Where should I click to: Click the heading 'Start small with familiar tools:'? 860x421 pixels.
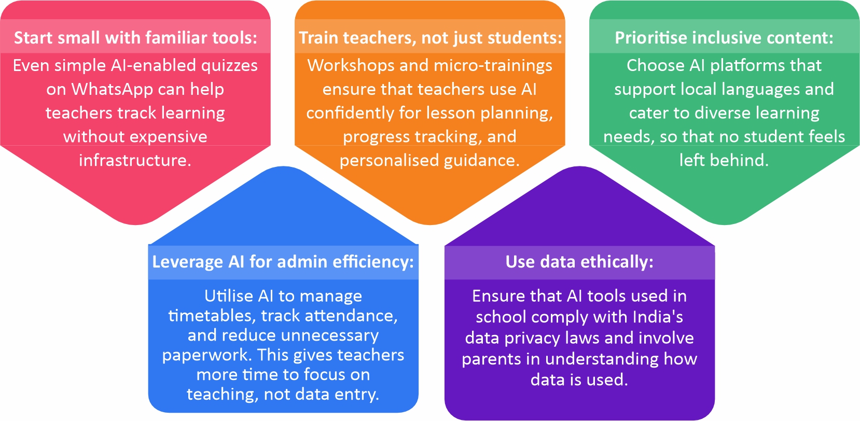point(135,38)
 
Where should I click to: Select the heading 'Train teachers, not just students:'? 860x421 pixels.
point(431,38)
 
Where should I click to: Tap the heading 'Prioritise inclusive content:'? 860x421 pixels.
point(724,38)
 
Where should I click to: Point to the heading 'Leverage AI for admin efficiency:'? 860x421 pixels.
point(283,262)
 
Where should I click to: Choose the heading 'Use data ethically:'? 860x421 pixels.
point(579,262)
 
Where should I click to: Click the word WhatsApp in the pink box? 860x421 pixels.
point(112,90)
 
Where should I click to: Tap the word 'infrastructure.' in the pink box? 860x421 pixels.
point(135,160)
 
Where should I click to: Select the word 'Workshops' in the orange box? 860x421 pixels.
point(351,66)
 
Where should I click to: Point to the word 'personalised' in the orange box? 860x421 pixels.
point(389,160)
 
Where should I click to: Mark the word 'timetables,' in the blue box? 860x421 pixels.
point(212,316)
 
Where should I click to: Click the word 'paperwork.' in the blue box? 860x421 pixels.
point(207,356)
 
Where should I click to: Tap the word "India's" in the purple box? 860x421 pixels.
point(658,317)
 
